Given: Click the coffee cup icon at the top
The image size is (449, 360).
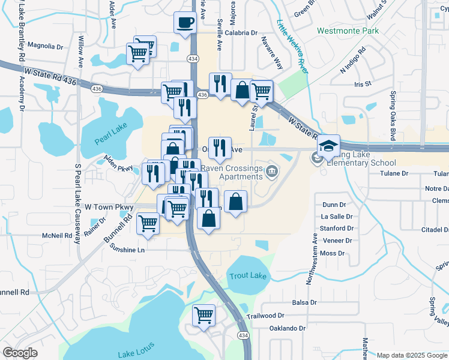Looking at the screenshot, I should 185,23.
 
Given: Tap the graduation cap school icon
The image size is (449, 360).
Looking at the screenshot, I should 329,145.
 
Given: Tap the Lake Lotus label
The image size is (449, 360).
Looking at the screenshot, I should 136,350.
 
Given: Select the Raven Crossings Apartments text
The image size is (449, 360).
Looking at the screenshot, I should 232,173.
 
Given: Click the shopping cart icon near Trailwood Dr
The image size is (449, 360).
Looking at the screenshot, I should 203,314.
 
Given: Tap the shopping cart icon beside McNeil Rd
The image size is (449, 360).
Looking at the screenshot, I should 148,223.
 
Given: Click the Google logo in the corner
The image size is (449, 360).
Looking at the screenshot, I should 20,353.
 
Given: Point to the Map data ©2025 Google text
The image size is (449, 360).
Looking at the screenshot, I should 412,355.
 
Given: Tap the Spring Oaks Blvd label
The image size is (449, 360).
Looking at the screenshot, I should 393,116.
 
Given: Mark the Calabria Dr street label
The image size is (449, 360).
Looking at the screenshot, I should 242,34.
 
